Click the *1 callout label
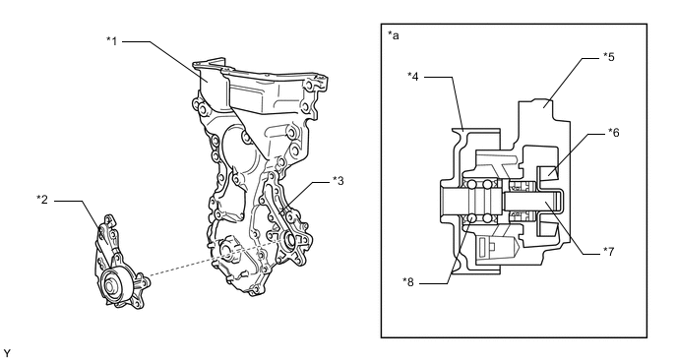112,41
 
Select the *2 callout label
42,200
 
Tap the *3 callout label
338,181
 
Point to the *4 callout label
413,77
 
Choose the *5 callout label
609,57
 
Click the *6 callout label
614,133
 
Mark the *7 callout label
609,252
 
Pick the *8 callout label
408,282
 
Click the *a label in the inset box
394,35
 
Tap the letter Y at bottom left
7,353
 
